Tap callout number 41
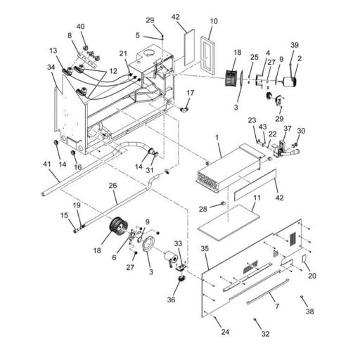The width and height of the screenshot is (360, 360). [x=46, y=164]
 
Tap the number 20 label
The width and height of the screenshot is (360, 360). [x=312, y=276]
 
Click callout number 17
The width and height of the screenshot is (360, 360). [x=191, y=93]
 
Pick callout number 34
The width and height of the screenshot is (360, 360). [x=51, y=67]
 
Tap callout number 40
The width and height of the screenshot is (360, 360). [x=80, y=27]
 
